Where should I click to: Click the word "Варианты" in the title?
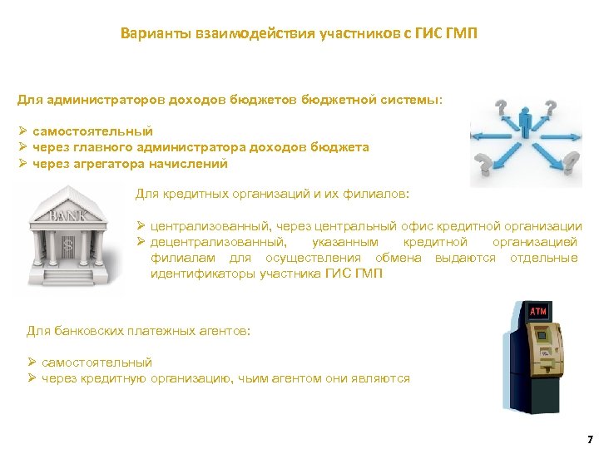click(x=148, y=35)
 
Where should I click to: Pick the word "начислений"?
click(x=190, y=163)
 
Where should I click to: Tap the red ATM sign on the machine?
click(x=538, y=311)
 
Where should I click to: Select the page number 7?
click(x=589, y=437)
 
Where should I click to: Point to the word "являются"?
click(x=384, y=378)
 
